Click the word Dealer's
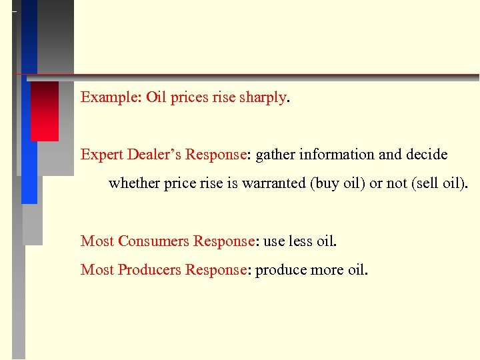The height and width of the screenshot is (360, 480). pyautogui.click(x=153, y=155)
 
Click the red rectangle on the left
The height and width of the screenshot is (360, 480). pyautogui.click(x=45, y=111)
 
